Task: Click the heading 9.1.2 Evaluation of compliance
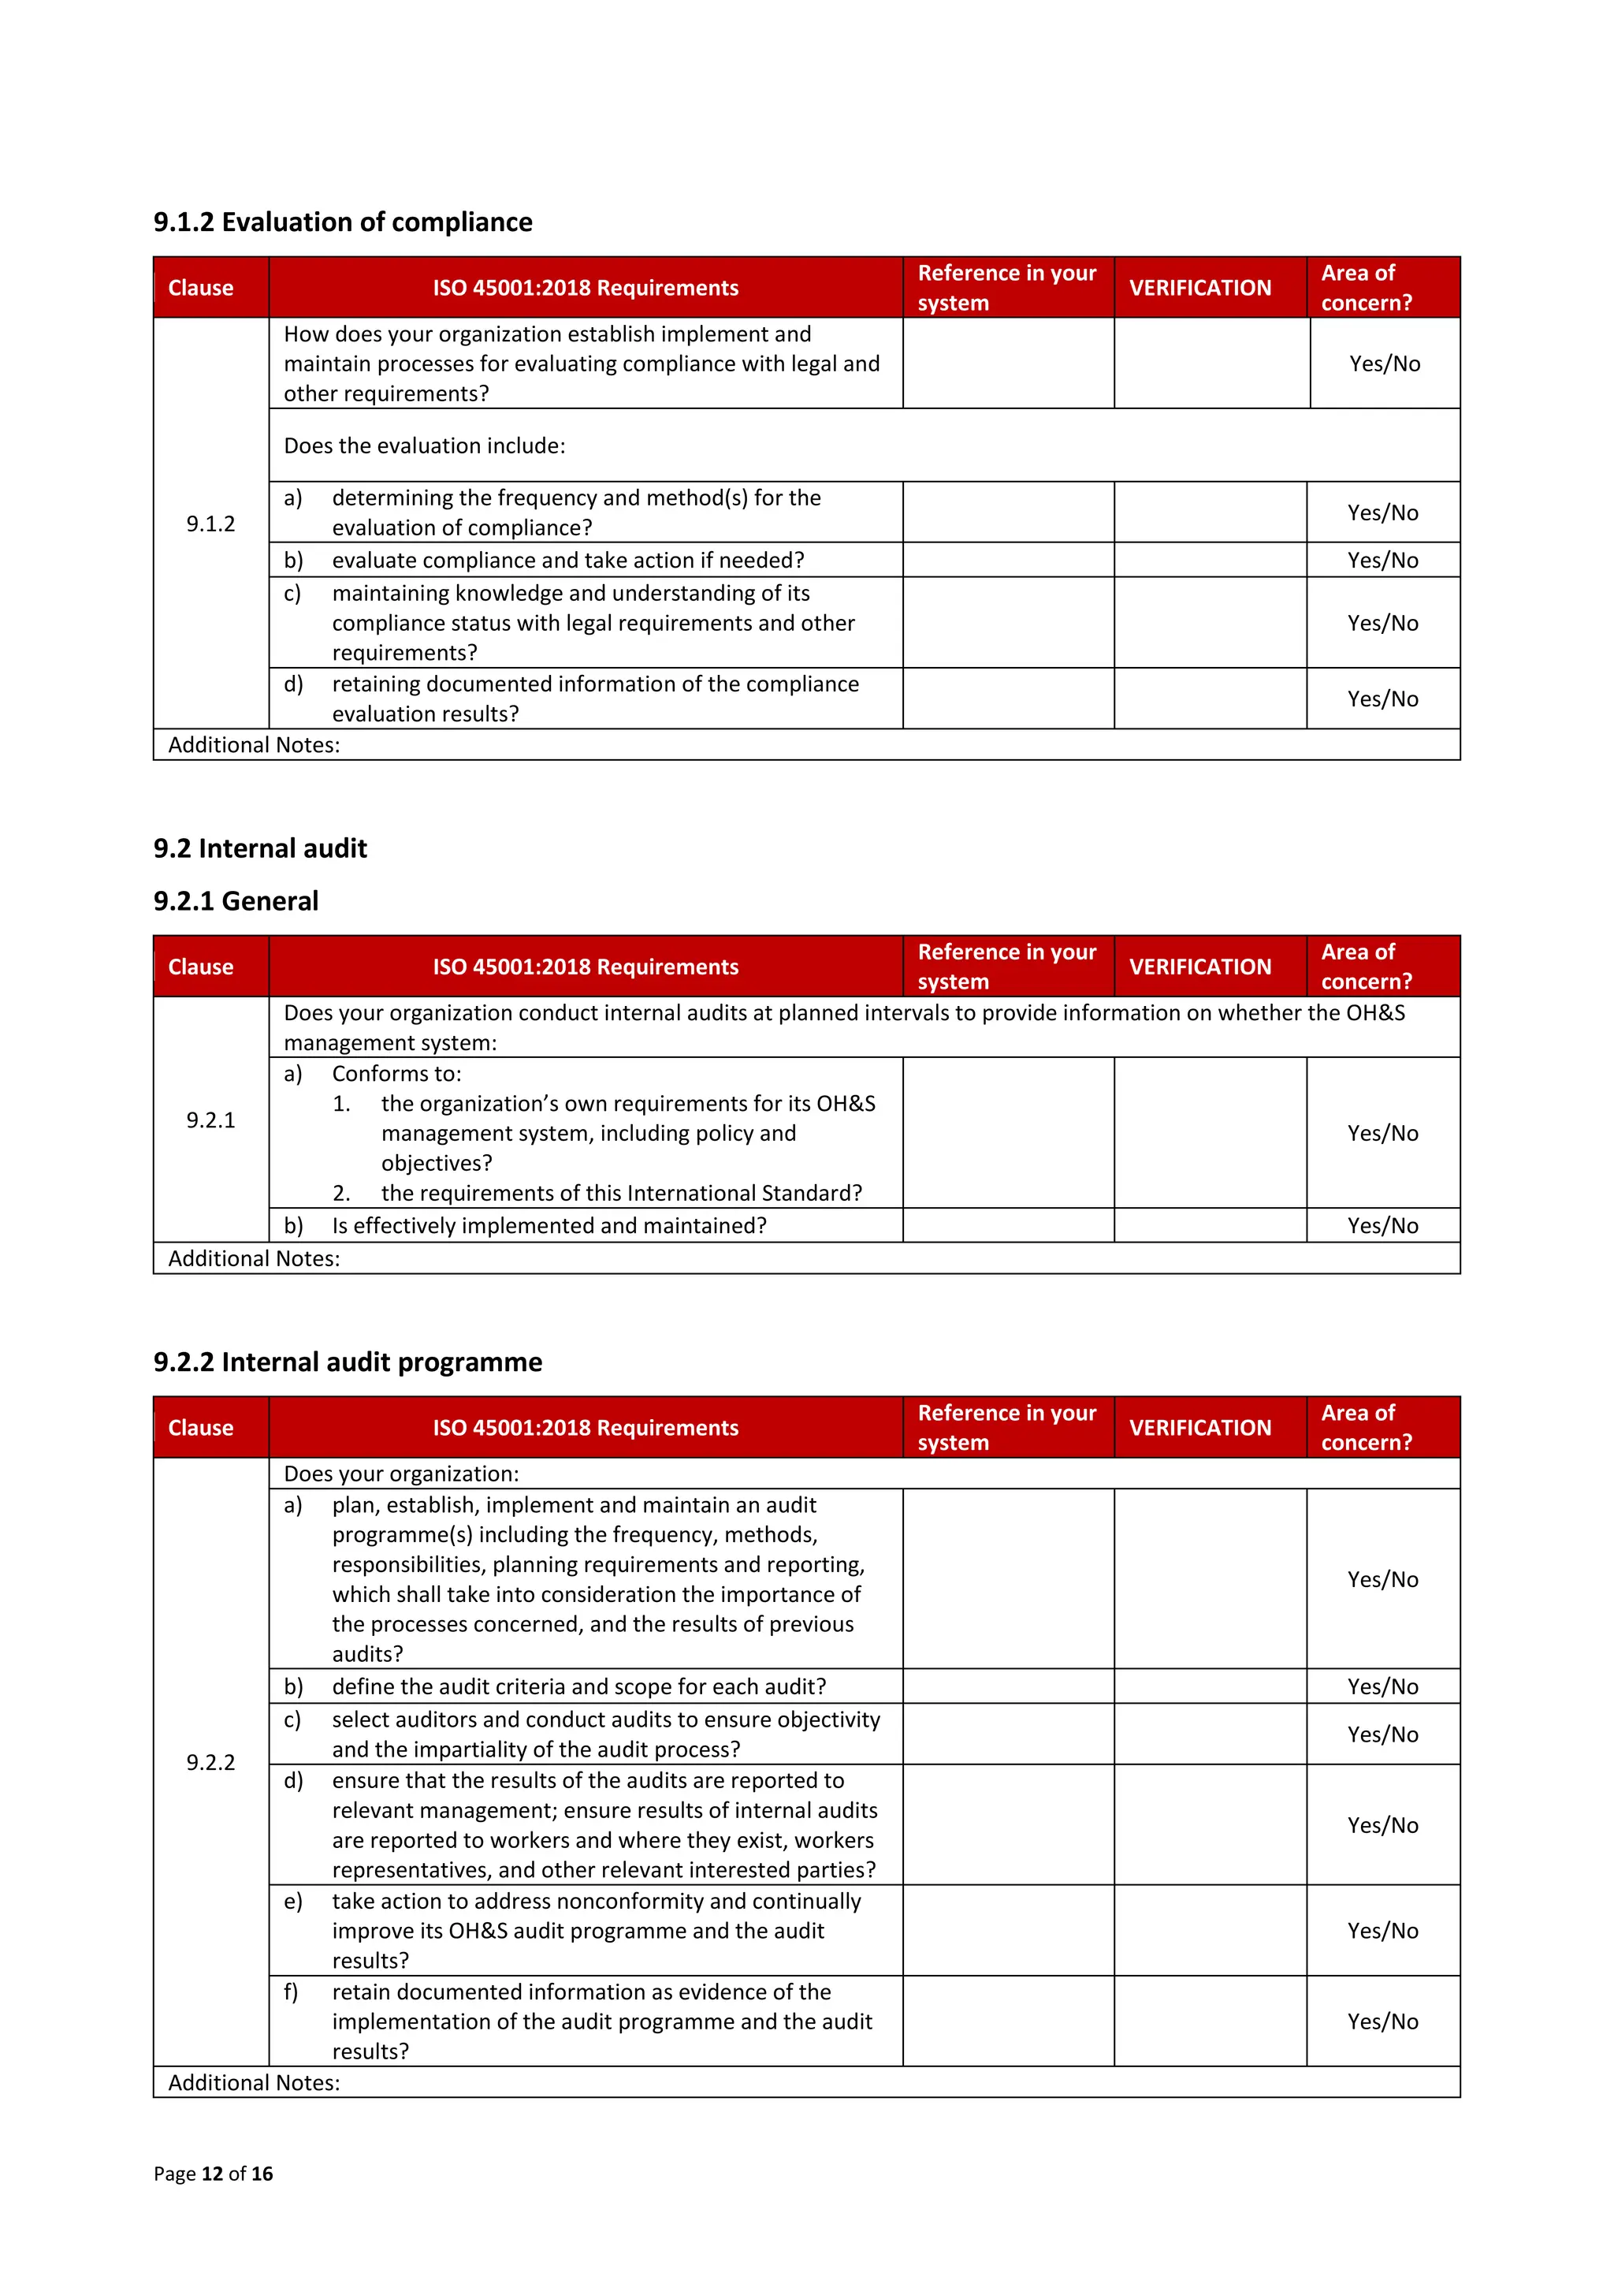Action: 342,222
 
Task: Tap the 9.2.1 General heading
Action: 236,901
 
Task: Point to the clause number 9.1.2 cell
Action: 211,523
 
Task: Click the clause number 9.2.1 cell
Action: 211,1120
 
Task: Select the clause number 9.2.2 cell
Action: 211,1762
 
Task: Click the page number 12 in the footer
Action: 212,2174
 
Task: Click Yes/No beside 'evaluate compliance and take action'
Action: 1382,560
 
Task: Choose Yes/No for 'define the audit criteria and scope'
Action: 1382,1686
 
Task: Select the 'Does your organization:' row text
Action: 401,1474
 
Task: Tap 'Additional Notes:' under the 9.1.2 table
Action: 254,745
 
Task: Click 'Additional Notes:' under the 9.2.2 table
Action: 254,2082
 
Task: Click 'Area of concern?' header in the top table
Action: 1366,288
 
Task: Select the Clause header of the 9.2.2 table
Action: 200,1428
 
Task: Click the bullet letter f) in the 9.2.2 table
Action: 290,1992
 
